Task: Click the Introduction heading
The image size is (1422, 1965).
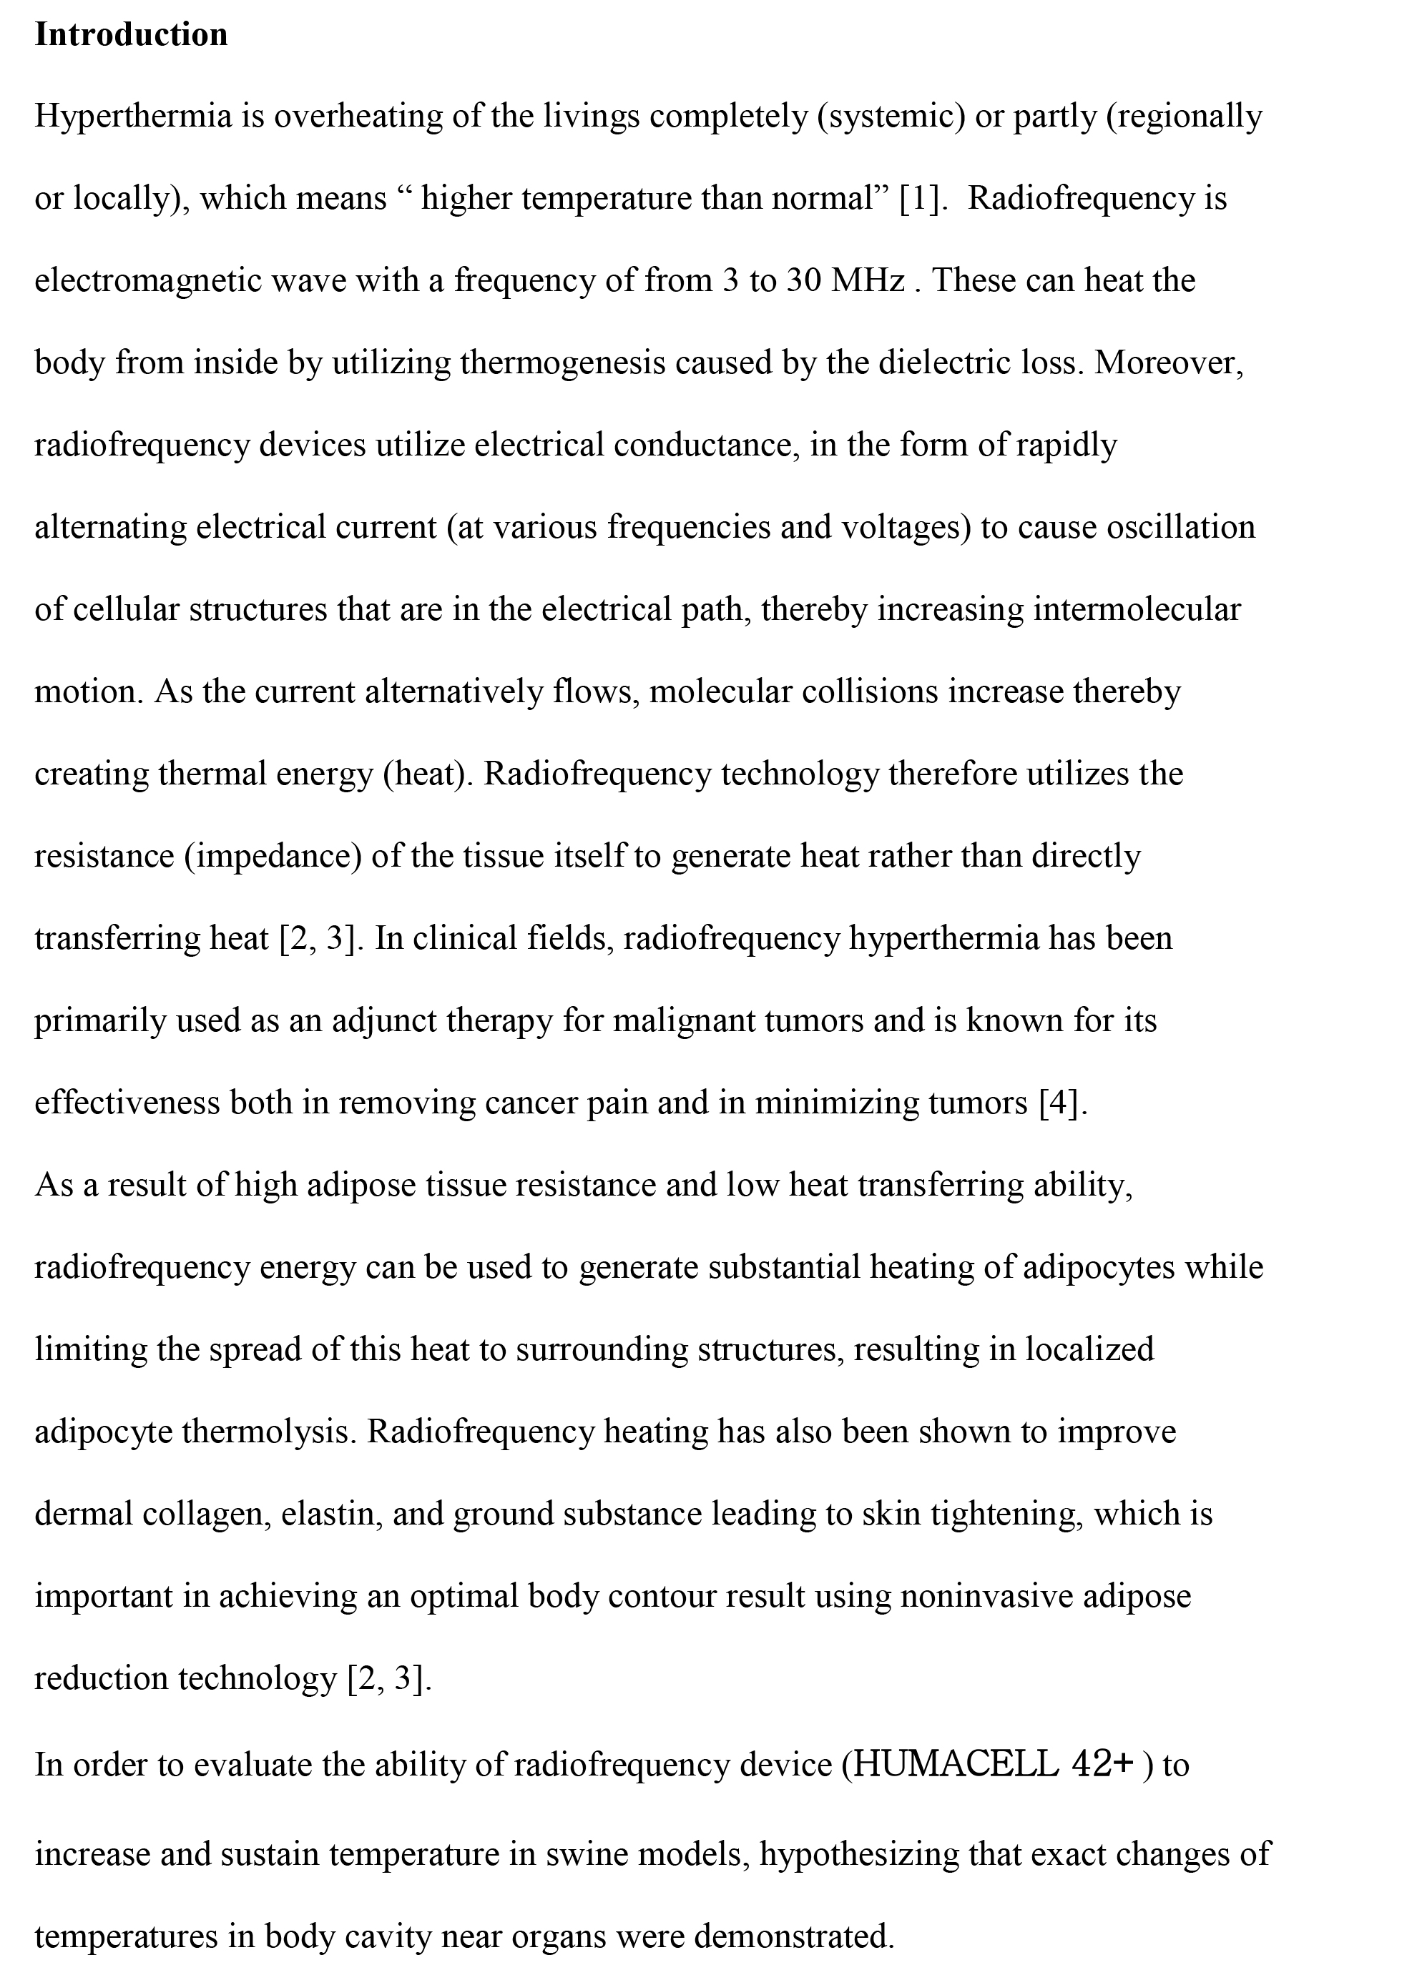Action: (131, 34)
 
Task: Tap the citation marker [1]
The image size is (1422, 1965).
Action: (919, 198)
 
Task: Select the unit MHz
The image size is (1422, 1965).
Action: (868, 281)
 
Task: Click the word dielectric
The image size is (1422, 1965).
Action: (943, 363)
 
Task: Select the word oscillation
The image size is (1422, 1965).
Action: (1181, 528)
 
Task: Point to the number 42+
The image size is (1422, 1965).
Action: (1103, 1761)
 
